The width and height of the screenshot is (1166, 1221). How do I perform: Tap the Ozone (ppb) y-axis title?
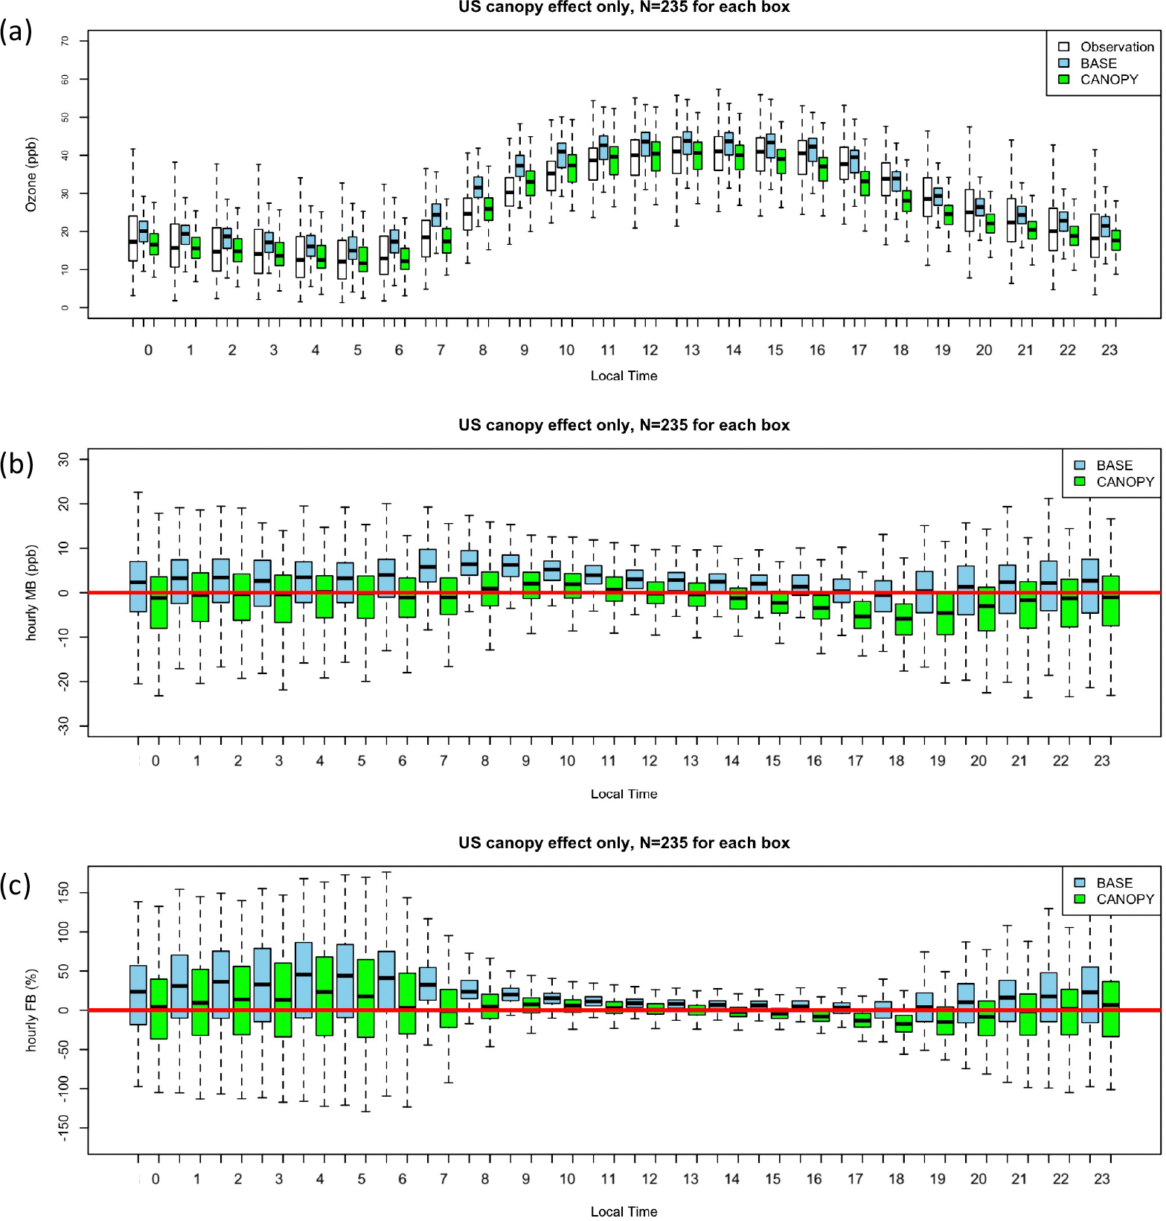pos(31,174)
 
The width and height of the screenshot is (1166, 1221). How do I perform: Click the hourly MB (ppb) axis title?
pos(31,592)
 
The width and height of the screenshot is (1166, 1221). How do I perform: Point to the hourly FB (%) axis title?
pos(31,1010)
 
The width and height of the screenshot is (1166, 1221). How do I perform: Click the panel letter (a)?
pos(16,32)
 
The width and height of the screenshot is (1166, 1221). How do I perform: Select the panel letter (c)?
pos(16,885)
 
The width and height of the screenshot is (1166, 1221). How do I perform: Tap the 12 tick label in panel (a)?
pos(650,350)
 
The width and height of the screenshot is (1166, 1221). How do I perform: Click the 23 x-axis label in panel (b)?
pos(1101,761)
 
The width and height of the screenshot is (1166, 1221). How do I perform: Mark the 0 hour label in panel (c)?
pos(156,1179)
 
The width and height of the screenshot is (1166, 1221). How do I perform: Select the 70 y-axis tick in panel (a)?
pos(65,41)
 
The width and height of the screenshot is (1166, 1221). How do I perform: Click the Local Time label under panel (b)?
pos(624,794)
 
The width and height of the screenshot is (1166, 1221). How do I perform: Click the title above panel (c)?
pos(624,843)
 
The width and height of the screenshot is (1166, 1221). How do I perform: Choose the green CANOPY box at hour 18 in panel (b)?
pos(903,619)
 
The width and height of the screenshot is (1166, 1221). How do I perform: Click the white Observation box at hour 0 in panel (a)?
pos(132,238)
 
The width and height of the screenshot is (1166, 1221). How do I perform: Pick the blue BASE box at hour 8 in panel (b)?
pos(469,563)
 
